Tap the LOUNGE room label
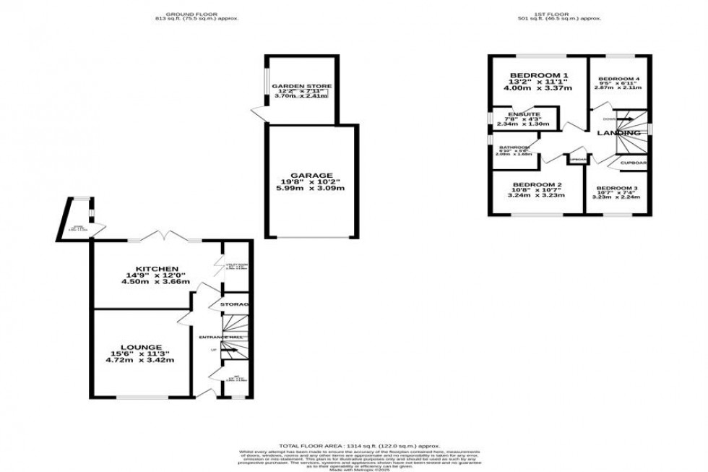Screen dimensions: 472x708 point(142,347)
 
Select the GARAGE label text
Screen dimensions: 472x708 point(313,175)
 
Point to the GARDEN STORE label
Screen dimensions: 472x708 point(300,87)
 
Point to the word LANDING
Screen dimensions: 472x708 point(618,133)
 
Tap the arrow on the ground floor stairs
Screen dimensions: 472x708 point(230,351)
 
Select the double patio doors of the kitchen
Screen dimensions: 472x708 point(168,236)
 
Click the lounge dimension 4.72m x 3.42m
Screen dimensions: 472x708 point(142,360)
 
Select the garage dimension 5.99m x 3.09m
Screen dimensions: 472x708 point(313,188)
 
